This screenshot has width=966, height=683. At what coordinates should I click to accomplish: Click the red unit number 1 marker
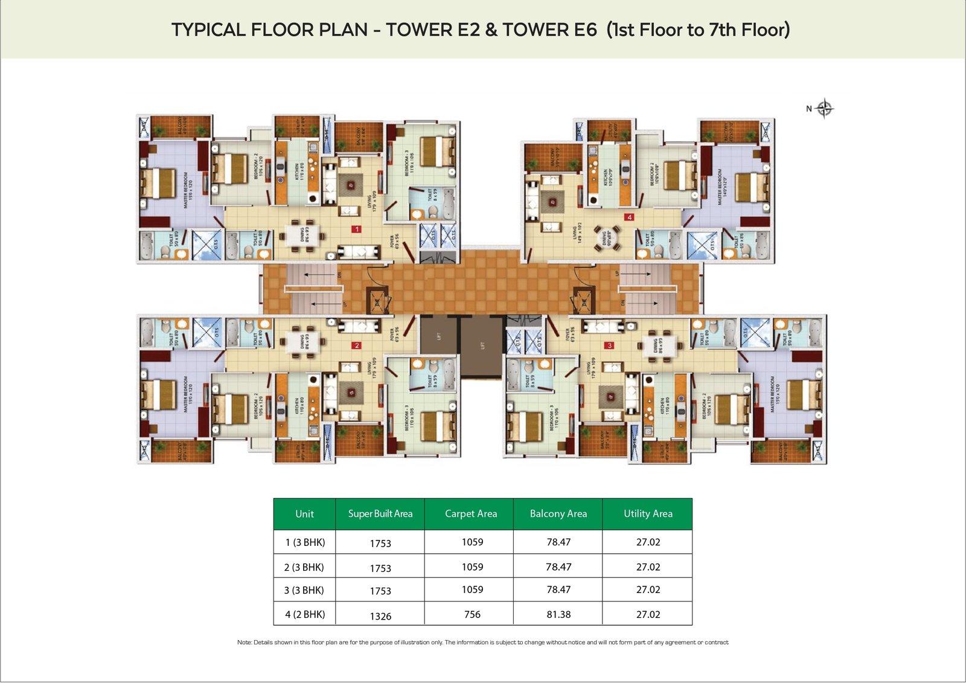tap(357, 229)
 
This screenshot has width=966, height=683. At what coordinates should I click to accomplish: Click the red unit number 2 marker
tap(357, 345)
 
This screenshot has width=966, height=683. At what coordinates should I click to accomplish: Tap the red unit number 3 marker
tap(610, 345)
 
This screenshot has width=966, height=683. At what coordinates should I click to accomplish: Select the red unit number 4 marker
tap(629, 217)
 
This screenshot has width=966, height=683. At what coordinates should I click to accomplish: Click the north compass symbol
tap(824, 109)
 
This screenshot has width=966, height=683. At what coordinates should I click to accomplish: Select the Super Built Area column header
tap(380, 514)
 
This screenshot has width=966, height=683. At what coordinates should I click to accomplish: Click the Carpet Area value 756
tap(472, 614)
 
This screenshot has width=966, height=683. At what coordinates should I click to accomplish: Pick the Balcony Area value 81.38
tap(558, 614)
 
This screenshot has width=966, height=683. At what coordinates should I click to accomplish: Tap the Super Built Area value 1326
tap(380, 616)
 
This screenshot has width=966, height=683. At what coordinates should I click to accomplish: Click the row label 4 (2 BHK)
tap(305, 614)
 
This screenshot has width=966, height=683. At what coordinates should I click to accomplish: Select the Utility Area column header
tap(648, 514)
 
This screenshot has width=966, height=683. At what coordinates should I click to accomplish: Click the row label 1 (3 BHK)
tap(305, 542)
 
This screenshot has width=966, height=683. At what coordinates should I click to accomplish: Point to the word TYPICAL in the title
tap(208, 30)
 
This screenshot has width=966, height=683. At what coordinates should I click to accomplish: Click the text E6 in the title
tap(585, 30)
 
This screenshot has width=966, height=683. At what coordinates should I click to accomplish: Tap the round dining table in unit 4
tap(607, 237)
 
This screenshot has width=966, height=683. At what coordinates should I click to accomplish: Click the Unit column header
tap(304, 514)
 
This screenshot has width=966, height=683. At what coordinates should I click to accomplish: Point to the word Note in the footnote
tap(244, 643)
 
